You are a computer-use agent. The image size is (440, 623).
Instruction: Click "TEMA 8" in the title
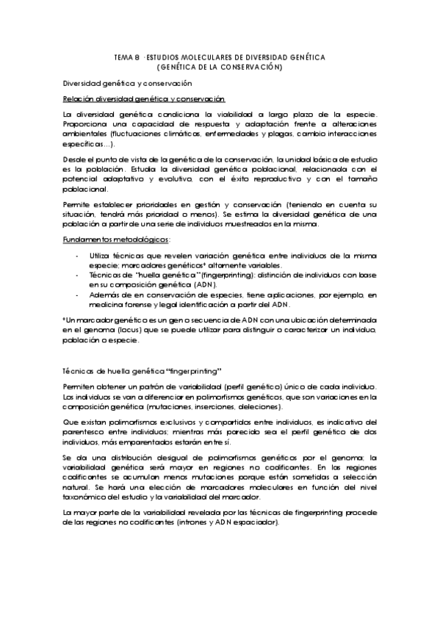coord(126,57)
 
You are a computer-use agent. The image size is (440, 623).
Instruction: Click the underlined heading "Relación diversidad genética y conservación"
coord(144,98)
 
